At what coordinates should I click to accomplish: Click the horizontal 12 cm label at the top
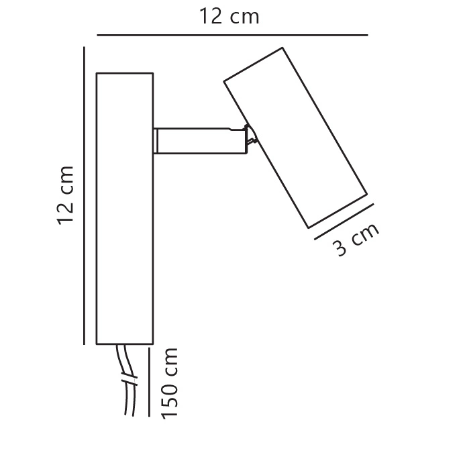(229, 16)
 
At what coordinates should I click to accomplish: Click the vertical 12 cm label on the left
(65, 195)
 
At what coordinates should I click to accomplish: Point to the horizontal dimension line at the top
(232, 35)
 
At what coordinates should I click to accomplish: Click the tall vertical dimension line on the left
(84, 195)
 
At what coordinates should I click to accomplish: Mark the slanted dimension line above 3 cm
(344, 221)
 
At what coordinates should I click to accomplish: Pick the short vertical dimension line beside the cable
(149, 382)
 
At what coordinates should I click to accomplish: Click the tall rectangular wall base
(125, 209)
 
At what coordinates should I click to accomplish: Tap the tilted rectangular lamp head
(295, 138)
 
